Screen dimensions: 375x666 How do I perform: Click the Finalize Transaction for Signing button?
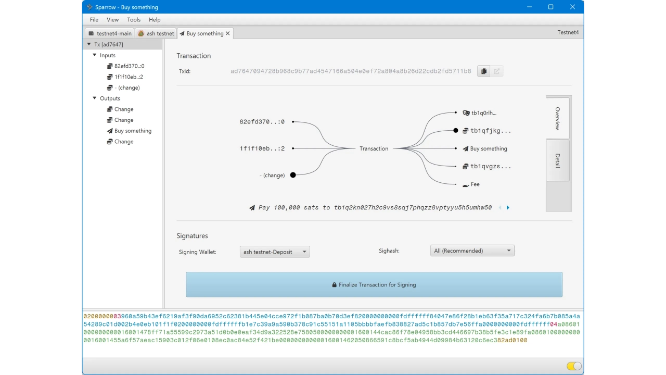point(374,285)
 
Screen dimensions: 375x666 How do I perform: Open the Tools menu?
point(134,20)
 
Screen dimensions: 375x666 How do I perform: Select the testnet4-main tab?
point(110,33)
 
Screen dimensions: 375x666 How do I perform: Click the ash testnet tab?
point(156,33)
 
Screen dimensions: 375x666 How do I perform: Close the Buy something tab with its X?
point(227,33)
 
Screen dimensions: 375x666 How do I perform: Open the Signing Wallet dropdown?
point(275,252)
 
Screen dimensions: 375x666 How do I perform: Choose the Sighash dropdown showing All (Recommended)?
point(472,251)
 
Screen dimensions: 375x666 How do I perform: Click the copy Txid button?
point(483,71)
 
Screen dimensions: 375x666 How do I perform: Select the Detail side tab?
point(557,160)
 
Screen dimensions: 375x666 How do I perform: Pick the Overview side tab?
point(557,118)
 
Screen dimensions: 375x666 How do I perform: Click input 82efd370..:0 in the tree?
point(129,66)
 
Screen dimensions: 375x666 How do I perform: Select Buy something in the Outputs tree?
point(133,131)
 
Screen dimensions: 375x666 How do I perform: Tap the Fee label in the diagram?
point(475,184)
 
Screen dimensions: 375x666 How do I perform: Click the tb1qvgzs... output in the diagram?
point(490,167)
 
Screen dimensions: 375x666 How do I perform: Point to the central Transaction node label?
point(374,149)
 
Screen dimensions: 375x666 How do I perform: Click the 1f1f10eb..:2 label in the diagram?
point(262,148)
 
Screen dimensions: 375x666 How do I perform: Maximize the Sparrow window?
point(550,7)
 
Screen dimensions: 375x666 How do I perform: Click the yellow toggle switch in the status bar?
point(574,366)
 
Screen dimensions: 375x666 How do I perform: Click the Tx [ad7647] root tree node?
point(108,44)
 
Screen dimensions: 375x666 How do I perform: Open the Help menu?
point(155,20)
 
